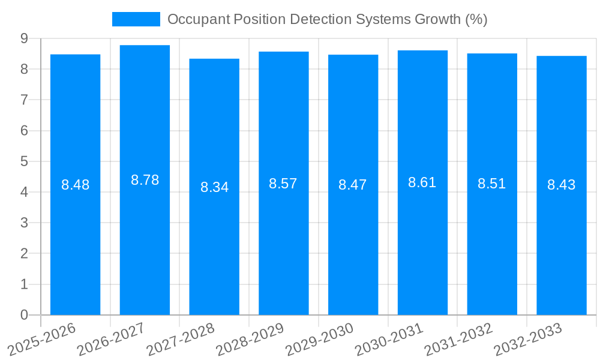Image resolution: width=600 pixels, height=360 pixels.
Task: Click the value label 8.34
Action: [x=214, y=187]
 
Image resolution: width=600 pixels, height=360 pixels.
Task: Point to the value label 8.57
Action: [x=283, y=184]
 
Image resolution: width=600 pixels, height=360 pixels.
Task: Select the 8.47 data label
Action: [x=353, y=185]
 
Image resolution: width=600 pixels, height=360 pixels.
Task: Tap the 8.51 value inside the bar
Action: [x=491, y=184]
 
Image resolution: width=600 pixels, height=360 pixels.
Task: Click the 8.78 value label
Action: [x=145, y=180]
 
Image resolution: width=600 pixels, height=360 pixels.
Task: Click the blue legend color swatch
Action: [x=136, y=19]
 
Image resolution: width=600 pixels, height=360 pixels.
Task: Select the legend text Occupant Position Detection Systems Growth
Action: [x=327, y=19]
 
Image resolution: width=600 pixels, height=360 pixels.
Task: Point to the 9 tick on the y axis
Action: [x=24, y=38]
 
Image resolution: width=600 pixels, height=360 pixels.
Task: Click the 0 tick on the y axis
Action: [x=24, y=315]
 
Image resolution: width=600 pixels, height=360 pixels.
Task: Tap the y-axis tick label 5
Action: [x=24, y=161]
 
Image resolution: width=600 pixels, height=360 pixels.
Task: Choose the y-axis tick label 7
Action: [x=24, y=100]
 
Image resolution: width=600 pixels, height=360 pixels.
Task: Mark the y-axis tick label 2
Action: [x=24, y=254]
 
